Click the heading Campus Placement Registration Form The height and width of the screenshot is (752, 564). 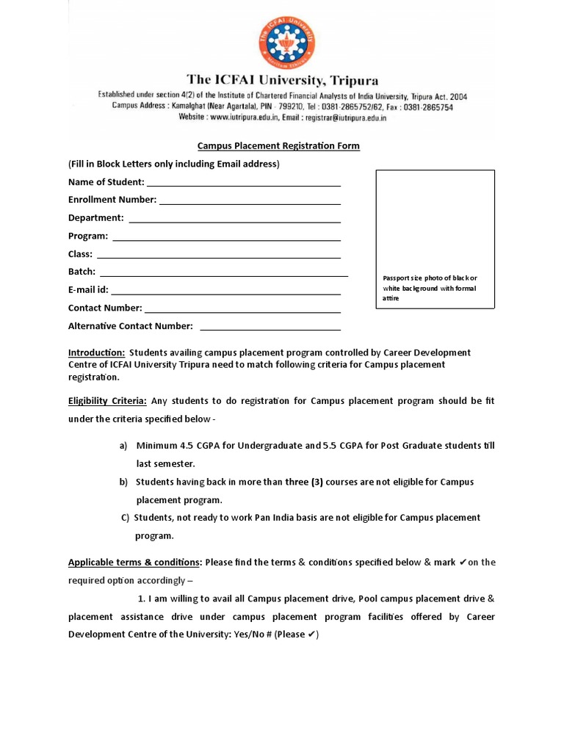click(x=278, y=145)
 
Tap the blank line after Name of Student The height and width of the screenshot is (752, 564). click(x=243, y=184)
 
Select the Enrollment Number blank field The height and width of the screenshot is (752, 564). click(x=250, y=201)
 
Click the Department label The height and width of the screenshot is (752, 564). click(x=95, y=218)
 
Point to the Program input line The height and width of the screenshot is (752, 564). click(x=226, y=238)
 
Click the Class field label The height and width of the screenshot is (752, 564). click(x=80, y=254)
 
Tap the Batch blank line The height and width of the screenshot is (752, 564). click(x=224, y=274)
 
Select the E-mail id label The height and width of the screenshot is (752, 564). click(x=88, y=290)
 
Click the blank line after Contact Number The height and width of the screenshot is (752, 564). click(x=242, y=310)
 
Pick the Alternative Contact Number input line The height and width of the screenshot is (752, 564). click(x=270, y=328)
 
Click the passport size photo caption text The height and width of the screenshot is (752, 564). click(x=430, y=288)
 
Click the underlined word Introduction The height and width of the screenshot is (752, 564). click(x=96, y=352)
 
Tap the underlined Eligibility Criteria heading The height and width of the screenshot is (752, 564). click(x=107, y=401)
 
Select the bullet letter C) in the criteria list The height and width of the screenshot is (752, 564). click(x=126, y=518)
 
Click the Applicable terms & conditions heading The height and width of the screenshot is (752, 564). click(x=134, y=563)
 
